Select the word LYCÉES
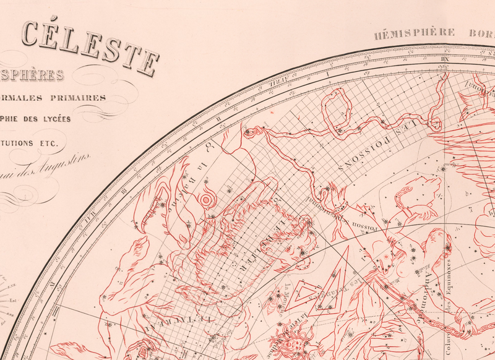(51, 118)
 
